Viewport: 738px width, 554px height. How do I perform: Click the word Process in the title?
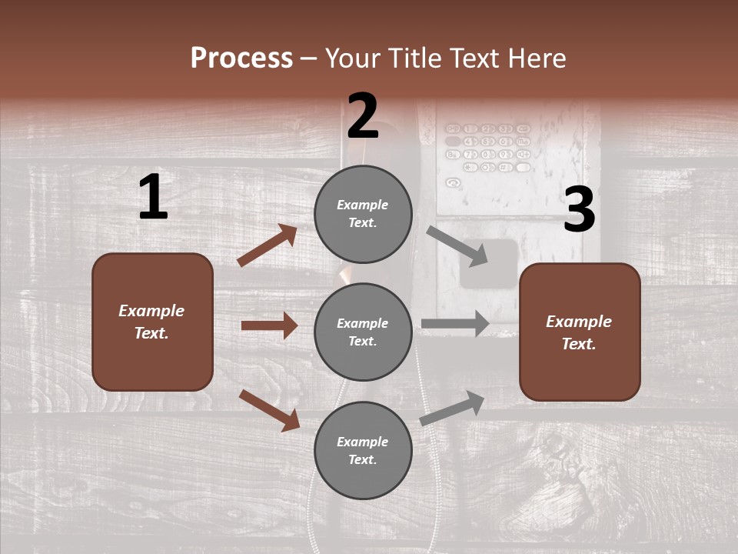(x=241, y=58)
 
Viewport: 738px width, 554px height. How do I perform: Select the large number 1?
(x=153, y=198)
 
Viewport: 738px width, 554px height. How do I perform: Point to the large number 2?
(x=363, y=116)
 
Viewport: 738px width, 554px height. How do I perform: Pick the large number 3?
(x=579, y=210)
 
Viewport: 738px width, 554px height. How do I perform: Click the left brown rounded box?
(x=152, y=322)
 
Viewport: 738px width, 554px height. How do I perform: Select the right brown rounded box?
(x=580, y=332)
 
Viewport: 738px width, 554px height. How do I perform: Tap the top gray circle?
(x=363, y=214)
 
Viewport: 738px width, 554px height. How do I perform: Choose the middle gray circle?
(x=363, y=332)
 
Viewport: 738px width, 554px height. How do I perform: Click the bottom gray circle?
(x=363, y=450)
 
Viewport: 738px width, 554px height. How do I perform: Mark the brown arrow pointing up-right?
(x=267, y=245)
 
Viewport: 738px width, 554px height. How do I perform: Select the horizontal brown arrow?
(x=269, y=325)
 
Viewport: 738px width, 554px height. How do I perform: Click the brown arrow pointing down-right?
(x=269, y=410)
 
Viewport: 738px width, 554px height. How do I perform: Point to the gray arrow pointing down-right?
(x=457, y=245)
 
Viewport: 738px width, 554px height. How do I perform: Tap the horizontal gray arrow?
(x=455, y=324)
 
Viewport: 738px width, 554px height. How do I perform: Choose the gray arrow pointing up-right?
(x=452, y=408)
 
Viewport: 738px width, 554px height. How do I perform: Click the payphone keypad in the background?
(x=488, y=146)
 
